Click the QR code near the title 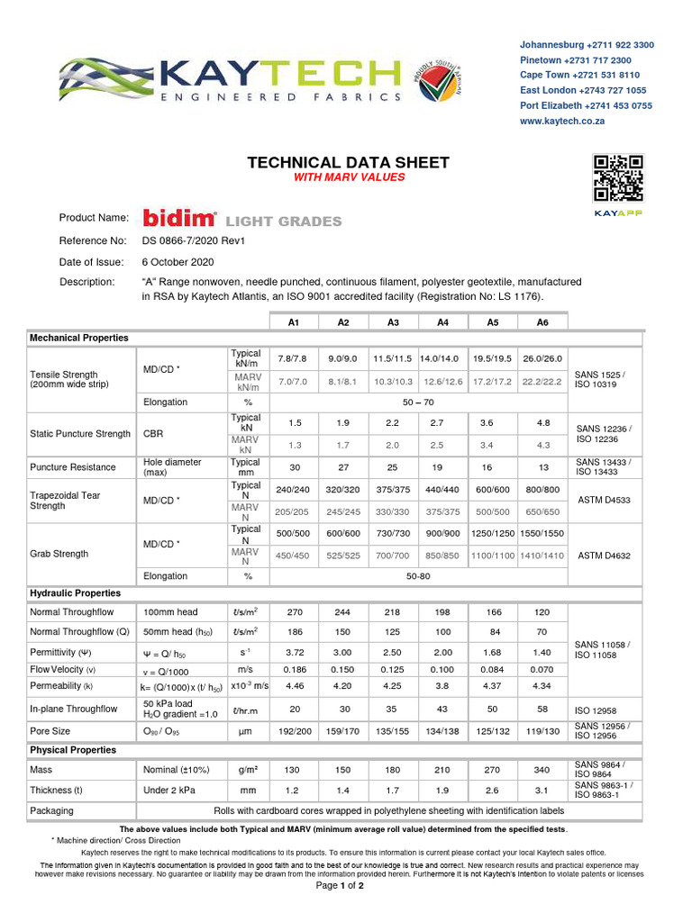pos(618,178)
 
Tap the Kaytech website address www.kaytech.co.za pos(561,121)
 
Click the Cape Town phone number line pos(579,76)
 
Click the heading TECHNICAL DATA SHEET pos(348,163)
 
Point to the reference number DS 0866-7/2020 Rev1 pos(194,241)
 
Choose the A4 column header pos(442,321)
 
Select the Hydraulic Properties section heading pos(76,593)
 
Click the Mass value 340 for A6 pos(542,770)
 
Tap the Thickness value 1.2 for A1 pos(294,791)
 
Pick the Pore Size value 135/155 pos(393,732)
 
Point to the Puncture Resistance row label pos(73,467)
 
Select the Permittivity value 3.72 pos(294,651)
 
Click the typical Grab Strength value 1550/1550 pos(542,534)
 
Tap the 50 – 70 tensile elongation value pos(418,402)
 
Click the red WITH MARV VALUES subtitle pos(348,177)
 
